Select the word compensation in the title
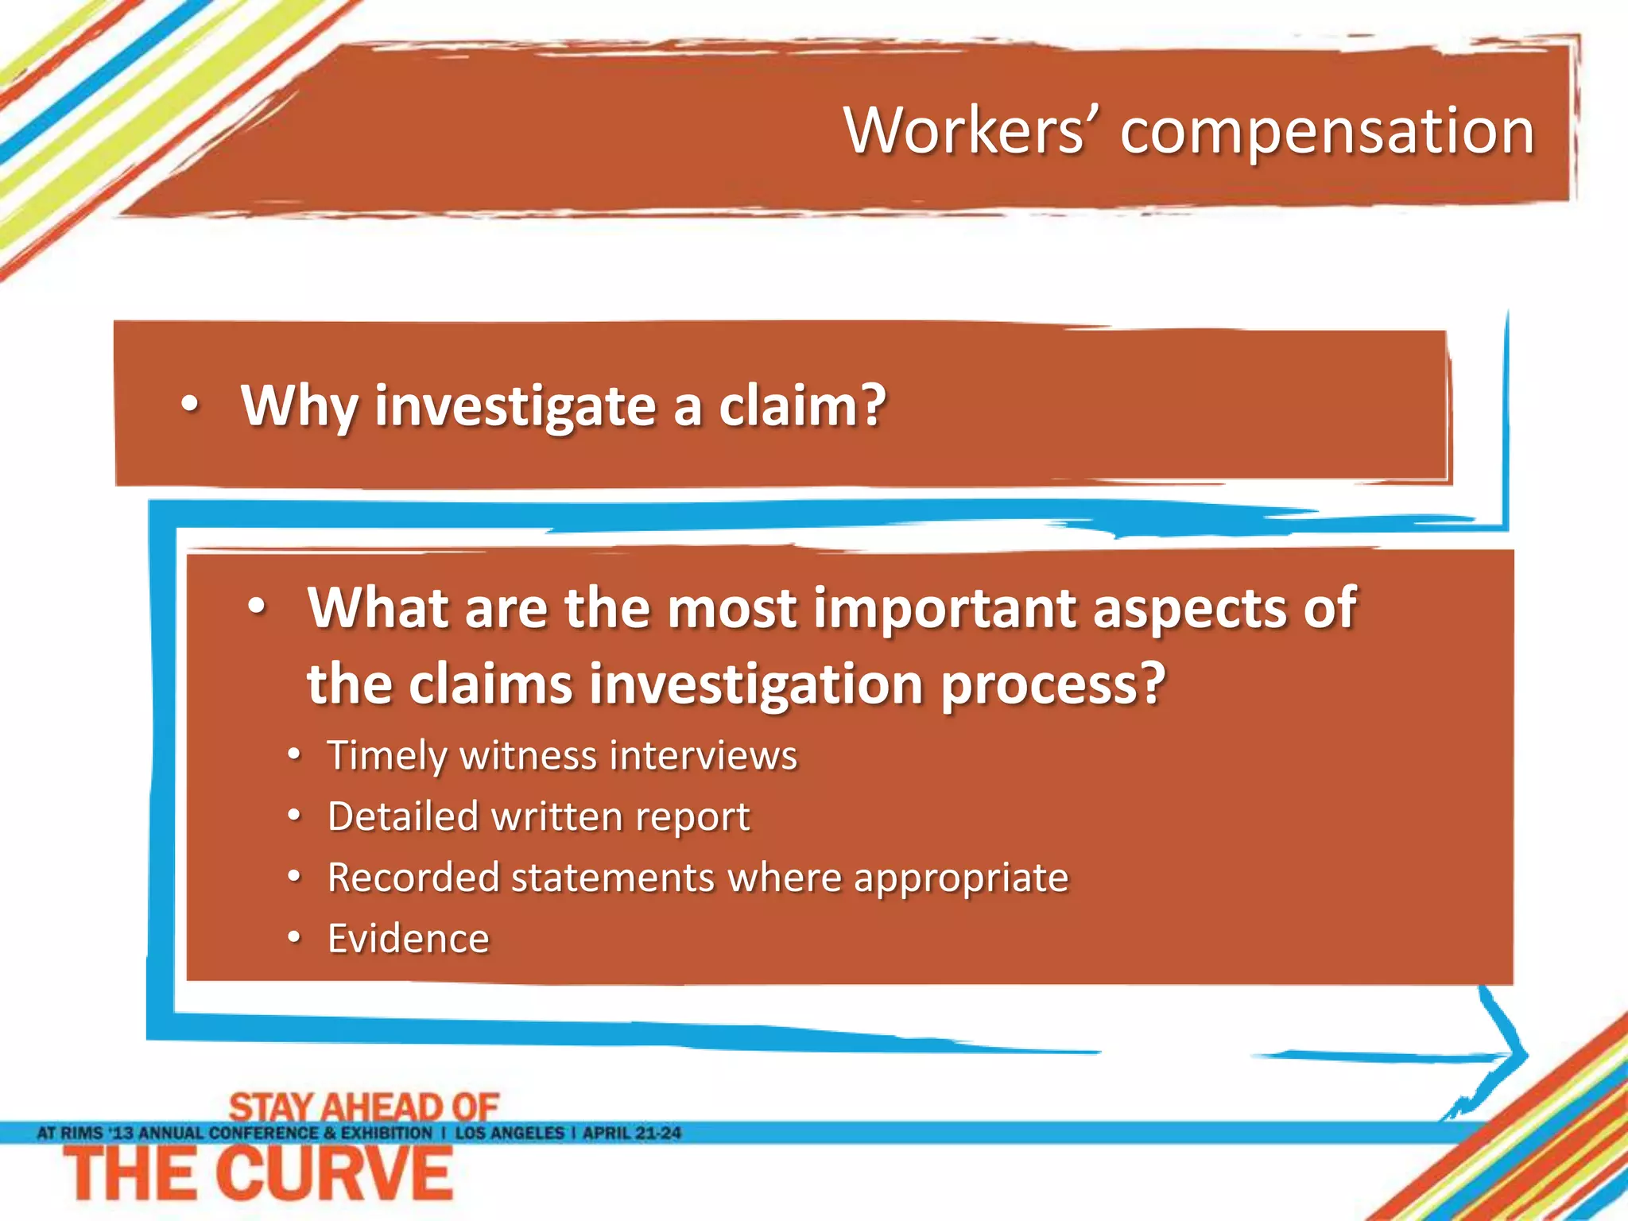pos(1327,132)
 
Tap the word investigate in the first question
pos(516,406)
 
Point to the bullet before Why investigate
pos(189,405)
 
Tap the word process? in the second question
pos(1053,684)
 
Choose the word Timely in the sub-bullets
pos(387,756)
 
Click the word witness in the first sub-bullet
pos(527,755)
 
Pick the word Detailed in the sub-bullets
pos(403,816)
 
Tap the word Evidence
pos(409,939)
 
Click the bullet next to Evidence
pos(294,939)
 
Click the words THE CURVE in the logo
pos(259,1174)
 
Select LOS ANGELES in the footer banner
pos(510,1133)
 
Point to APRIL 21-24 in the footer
pos(632,1133)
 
